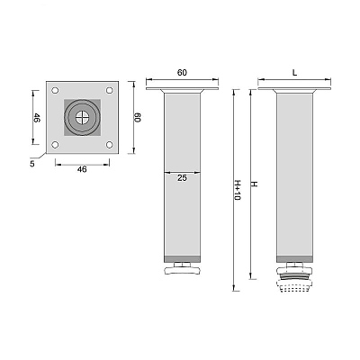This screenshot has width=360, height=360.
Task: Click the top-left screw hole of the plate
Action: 55,90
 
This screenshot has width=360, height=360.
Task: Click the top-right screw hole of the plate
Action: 110,90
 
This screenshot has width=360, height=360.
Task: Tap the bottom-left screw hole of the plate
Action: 55,145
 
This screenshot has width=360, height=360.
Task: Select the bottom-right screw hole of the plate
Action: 110,145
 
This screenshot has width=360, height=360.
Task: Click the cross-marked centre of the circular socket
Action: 82,117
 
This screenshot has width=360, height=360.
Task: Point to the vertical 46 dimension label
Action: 37,118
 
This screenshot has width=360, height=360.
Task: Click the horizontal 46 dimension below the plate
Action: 82,169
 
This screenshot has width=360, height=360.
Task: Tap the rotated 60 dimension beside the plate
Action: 137,117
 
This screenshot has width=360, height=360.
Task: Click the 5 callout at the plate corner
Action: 32,164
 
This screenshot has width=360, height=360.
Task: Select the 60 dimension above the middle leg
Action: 182,73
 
